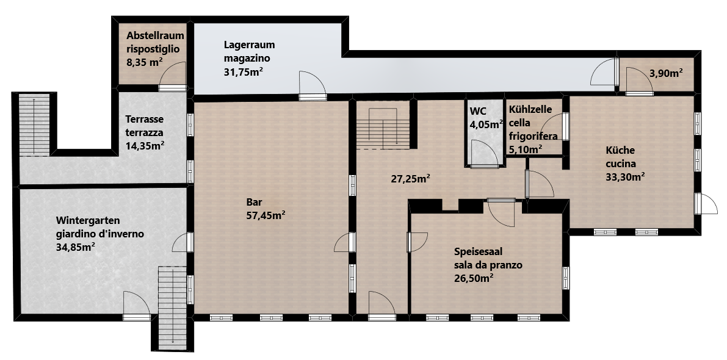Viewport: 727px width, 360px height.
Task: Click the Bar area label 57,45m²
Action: [x=266, y=215]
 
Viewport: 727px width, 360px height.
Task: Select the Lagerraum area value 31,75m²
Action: [x=244, y=72]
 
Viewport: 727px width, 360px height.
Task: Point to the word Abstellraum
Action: [x=155, y=35]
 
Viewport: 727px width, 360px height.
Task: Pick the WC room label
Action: [x=478, y=112]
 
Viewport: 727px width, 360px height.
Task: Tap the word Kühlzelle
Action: [x=530, y=110]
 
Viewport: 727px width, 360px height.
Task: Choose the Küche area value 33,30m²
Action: [x=626, y=176]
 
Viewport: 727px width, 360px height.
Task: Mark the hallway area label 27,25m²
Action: [x=411, y=179]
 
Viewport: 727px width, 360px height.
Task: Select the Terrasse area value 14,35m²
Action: [x=145, y=145]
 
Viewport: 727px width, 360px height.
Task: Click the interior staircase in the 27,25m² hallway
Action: [x=383, y=126]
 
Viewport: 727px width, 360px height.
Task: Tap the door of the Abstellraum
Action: [x=173, y=76]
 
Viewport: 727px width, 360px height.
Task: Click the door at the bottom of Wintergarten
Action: [x=137, y=305]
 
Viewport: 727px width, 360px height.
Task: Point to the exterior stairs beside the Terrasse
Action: [x=34, y=125]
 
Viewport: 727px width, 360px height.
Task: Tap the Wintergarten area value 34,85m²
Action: [x=75, y=247]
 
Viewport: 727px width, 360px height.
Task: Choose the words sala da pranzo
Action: [x=488, y=265]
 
